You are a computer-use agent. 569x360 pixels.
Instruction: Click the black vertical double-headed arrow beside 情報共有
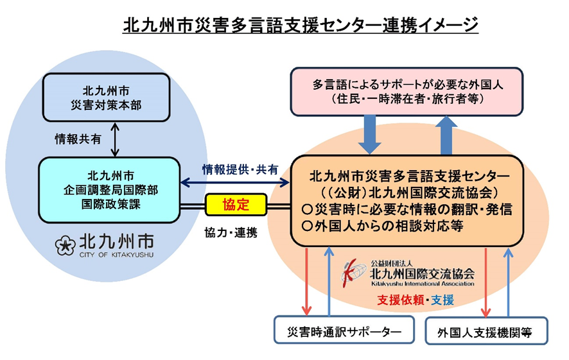[115, 139]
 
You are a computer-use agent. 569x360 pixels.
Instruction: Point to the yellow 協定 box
[236, 205]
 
